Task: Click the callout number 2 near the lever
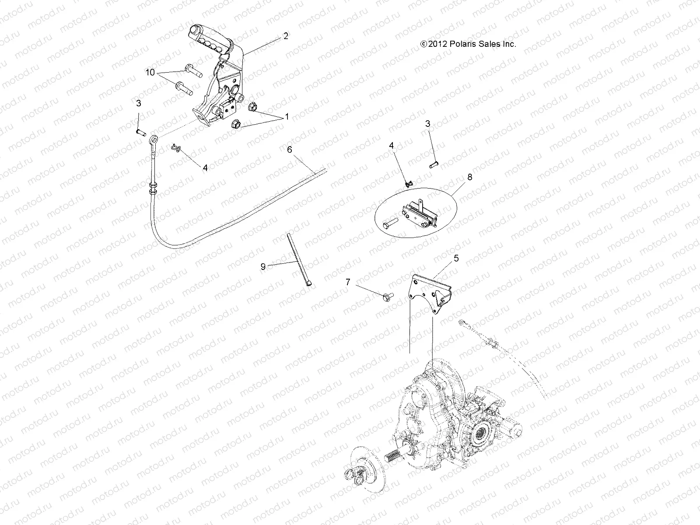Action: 286,36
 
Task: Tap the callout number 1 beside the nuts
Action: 287,117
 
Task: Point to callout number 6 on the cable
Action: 289,150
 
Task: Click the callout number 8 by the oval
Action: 458,177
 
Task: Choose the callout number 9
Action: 263,266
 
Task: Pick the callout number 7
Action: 348,283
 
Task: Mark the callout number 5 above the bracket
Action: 456,259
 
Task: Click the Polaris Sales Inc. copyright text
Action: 468,44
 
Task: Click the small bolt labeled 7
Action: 386,297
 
